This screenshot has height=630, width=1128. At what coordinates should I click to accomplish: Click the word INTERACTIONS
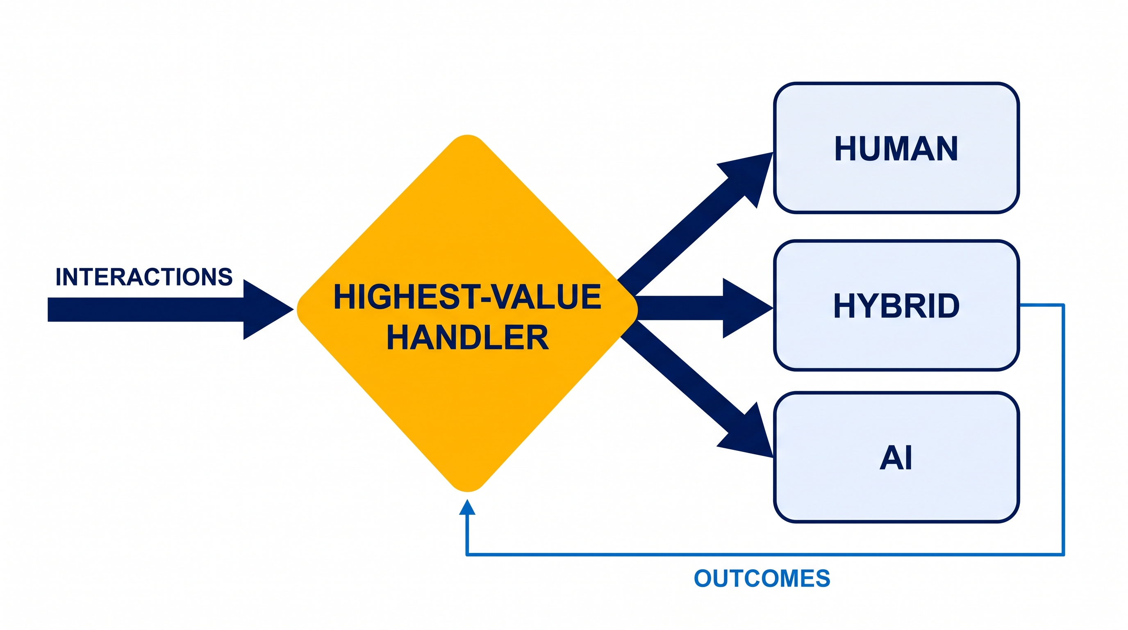144,277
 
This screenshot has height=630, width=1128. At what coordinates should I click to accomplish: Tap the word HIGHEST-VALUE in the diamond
467,297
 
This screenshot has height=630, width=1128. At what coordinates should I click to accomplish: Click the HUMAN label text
896,148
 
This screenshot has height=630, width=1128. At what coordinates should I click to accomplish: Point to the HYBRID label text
896,306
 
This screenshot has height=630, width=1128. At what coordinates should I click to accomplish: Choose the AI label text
896,458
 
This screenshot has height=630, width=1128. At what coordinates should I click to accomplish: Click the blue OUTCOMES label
762,578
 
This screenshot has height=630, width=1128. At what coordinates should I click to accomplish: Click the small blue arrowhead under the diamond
467,507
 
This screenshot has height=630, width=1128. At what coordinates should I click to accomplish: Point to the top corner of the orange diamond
468,136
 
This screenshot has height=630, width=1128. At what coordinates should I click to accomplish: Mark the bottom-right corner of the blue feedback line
1064,555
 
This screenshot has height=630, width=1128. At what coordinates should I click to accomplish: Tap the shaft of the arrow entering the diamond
146,309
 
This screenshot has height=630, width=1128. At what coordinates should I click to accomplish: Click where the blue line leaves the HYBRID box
1021,305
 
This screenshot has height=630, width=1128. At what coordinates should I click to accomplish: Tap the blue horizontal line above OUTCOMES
765,555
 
